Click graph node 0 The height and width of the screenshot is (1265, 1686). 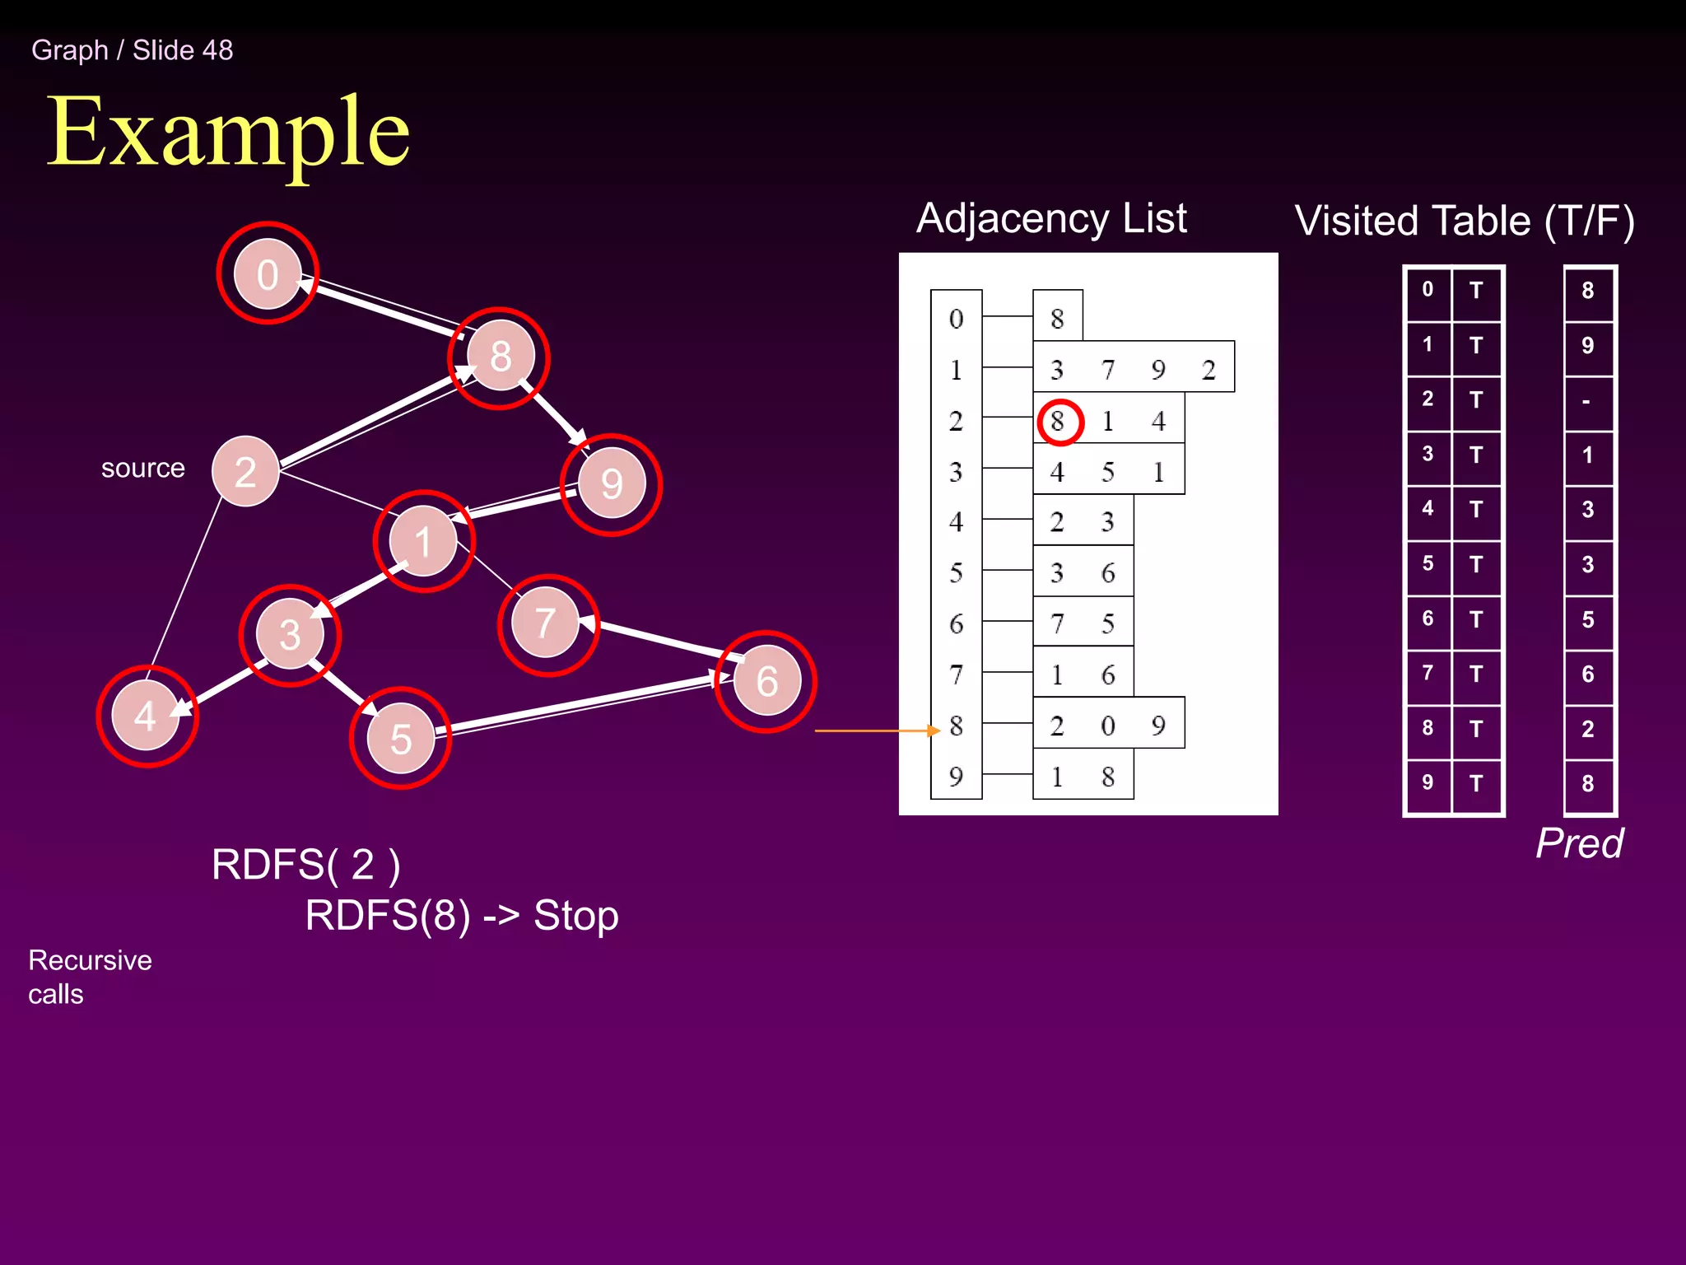click(268, 273)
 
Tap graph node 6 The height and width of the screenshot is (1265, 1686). click(766, 681)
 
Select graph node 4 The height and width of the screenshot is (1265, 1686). click(146, 716)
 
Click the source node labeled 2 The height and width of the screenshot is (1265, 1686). click(245, 472)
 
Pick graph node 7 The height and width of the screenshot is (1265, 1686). click(545, 623)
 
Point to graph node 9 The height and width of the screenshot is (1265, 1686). click(612, 483)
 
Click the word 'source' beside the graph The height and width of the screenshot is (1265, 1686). click(142, 468)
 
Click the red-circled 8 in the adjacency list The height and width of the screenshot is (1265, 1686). click(1059, 422)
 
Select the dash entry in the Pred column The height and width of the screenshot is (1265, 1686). click(1586, 402)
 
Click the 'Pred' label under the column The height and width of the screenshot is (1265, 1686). click(1579, 843)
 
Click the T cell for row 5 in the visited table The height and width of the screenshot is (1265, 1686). click(1476, 565)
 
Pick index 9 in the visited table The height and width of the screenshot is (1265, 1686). click(1428, 782)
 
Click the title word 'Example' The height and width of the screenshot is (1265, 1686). click(228, 132)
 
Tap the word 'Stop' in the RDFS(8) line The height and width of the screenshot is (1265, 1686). click(575, 916)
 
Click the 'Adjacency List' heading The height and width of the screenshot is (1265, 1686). click(1051, 218)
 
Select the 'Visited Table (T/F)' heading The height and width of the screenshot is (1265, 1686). click(1464, 221)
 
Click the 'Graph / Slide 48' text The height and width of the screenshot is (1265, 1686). click(132, 50)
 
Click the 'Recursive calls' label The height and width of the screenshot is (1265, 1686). click(89, 977)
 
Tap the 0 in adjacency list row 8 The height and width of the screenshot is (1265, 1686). click(1108, 726)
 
